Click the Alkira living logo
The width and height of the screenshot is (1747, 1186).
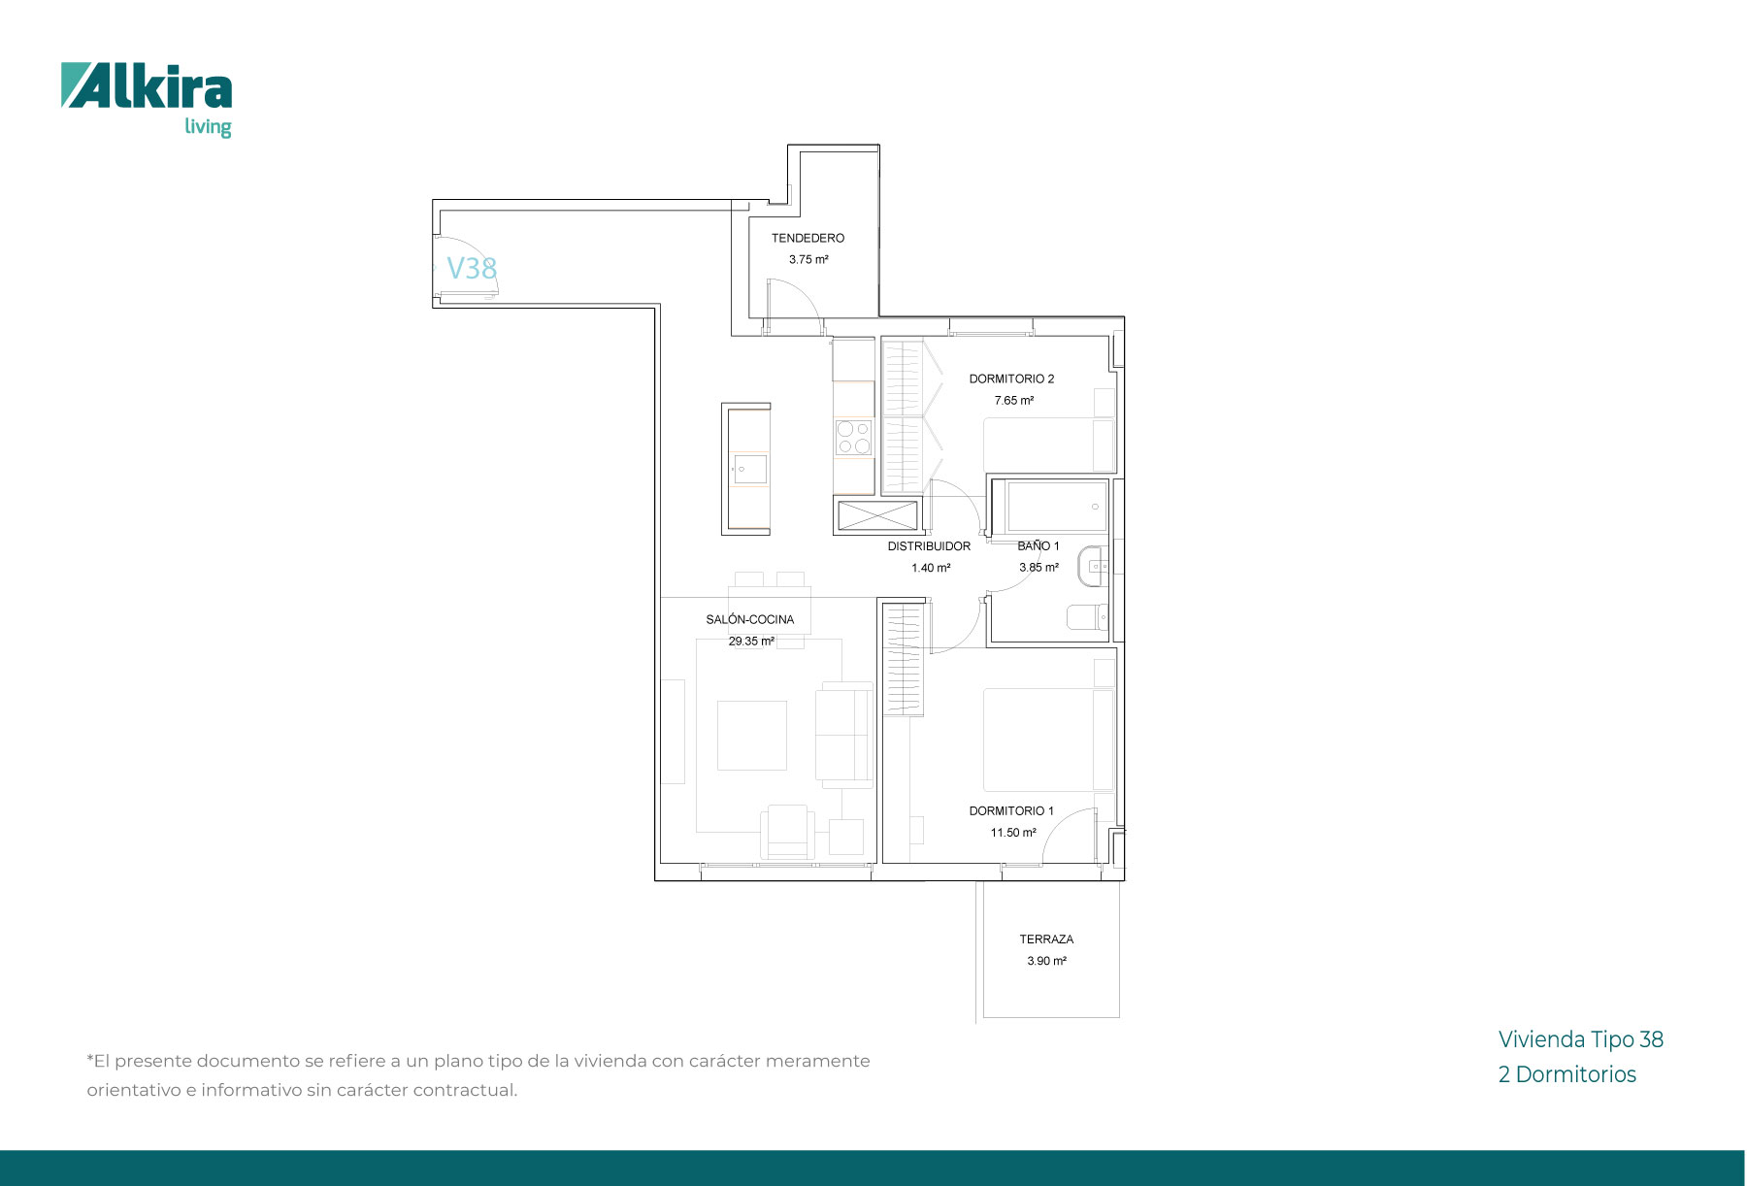(147, 100)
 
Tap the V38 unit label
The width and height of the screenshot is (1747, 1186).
(472, 268)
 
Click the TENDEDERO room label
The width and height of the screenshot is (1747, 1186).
(808, 238)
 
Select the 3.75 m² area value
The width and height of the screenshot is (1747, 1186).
(808, 260)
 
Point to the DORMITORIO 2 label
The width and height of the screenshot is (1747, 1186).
(1011, 379)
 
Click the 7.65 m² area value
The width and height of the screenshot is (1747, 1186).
(1013, 400)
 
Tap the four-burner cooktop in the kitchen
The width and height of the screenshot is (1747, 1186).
(854, 437)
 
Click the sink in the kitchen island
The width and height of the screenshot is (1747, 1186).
(749, 470)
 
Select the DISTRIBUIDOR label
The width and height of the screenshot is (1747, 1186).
(929, 546)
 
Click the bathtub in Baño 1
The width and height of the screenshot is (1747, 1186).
(1057, 506)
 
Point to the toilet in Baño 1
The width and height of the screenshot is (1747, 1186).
(1088, 616)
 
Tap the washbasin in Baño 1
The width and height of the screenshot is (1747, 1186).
(1093, 566)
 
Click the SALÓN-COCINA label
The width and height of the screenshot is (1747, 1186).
(750, 619)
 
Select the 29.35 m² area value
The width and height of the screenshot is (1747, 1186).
(751, 642)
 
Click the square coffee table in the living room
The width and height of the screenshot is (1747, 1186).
(752, 736)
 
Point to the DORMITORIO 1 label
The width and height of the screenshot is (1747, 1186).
(1011, 810)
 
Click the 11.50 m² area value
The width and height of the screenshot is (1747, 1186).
(1013, 833)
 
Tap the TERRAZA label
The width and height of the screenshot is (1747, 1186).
(1046, 939)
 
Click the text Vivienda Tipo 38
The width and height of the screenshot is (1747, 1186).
(1581, 1039)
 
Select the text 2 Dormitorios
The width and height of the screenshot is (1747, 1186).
(1567, 1074)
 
